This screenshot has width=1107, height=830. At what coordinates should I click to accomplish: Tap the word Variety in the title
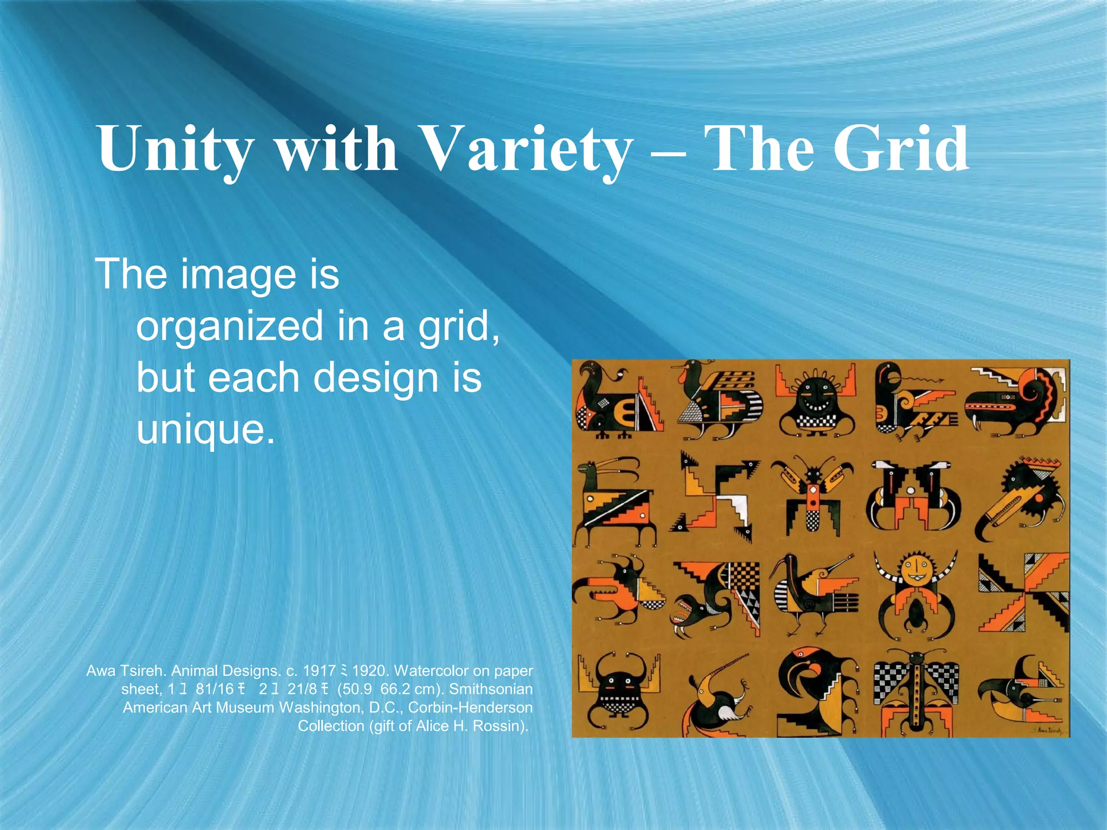tap(519, 149)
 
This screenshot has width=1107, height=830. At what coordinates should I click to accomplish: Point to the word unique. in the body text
tap(205, 429)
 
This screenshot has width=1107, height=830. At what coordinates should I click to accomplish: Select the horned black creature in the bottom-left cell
tap(619, 692)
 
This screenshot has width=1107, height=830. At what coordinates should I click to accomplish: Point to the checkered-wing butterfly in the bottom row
tap(916, 692)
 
